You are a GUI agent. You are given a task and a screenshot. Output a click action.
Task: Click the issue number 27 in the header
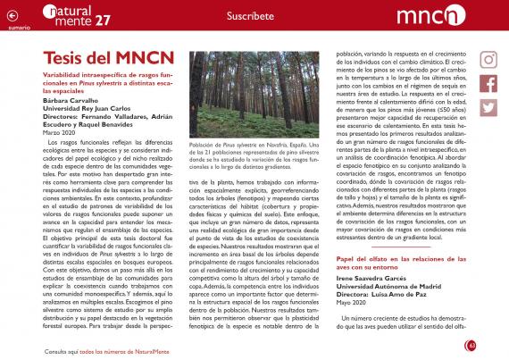pyautogui.click(x=104, y=19)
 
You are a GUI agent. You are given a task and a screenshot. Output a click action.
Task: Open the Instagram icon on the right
pyautogui.click(x=488, y=60)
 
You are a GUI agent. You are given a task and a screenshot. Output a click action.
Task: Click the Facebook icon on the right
pyautogui.click(x=488, y=83)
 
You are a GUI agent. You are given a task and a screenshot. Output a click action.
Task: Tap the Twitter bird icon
pyautogui.click(x=488, y=106)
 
